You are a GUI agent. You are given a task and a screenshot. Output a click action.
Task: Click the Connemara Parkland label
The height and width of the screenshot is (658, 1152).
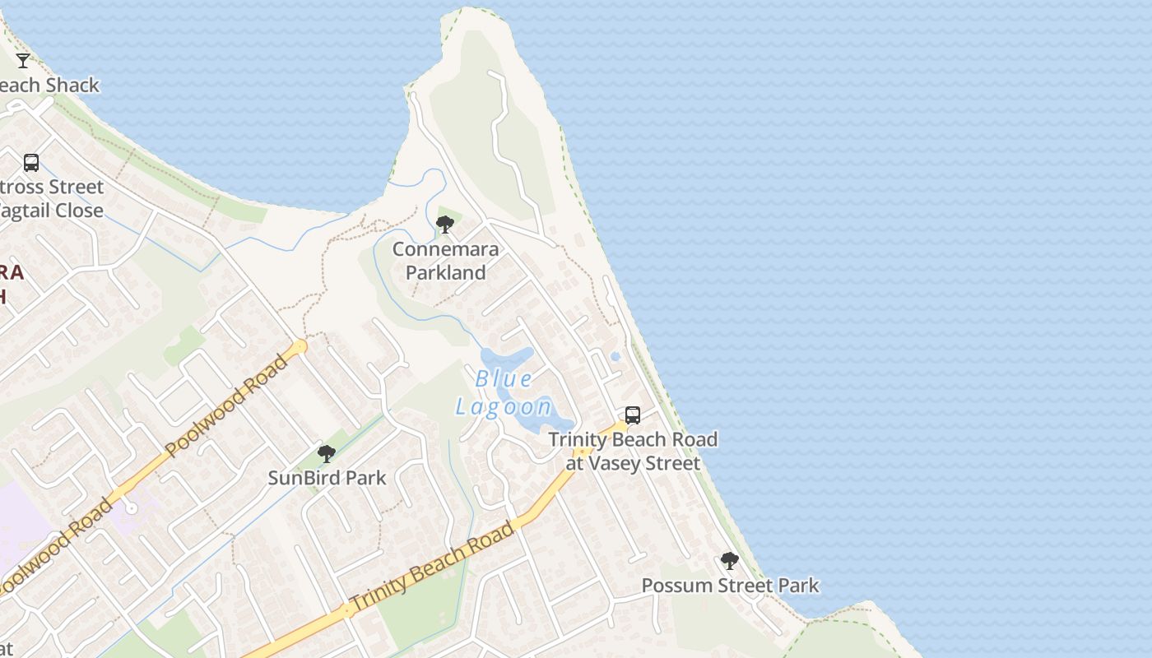pos(445,261)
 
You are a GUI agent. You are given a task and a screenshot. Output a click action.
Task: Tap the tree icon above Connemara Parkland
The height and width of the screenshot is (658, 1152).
pos(445,224)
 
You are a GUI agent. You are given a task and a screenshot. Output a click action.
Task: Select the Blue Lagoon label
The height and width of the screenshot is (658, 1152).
pos(504,392)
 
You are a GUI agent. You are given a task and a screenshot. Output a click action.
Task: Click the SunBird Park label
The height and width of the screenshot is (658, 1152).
pos(327,478)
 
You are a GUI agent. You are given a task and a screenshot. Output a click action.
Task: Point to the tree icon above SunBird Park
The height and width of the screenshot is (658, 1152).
pos(327,453)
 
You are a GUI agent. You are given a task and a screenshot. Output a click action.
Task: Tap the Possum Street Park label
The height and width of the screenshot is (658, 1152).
pos(730,586)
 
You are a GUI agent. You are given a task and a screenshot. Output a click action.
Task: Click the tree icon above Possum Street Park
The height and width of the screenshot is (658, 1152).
pos(729,561)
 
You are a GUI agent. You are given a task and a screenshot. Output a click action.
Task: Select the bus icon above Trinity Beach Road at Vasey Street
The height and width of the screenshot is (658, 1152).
pos(632,415)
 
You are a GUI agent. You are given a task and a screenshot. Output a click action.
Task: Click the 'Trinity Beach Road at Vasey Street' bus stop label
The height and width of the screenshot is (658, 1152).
pos(633,452)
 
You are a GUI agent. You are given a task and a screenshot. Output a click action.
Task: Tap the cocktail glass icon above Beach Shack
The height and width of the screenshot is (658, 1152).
pos(23,60)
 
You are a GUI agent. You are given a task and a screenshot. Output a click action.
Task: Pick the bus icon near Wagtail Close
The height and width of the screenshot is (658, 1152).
pos(31,163)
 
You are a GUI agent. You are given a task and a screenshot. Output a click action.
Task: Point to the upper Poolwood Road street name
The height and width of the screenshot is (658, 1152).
pos(228,405)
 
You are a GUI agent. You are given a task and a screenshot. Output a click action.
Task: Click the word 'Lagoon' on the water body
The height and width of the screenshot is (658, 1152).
pos(504,406)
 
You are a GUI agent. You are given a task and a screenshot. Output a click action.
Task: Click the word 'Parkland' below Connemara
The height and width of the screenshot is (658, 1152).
pos(445,272)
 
